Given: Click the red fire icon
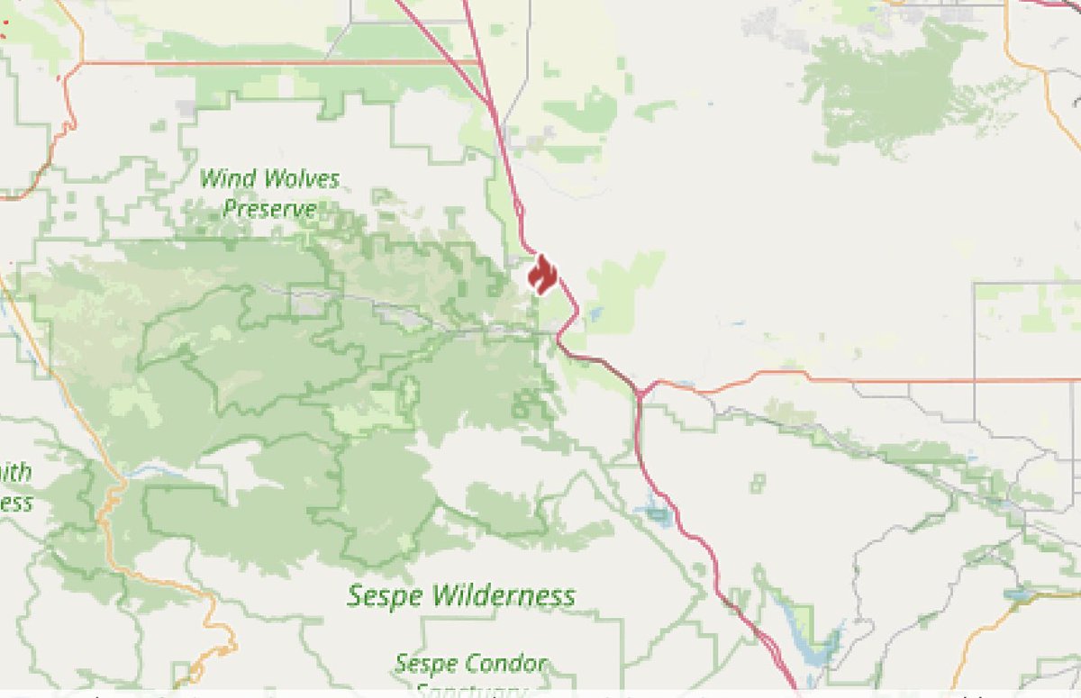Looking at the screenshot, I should pyautogui.click(x=541, y=274).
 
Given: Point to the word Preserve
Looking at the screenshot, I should pyautogui.click(x=269, y=210).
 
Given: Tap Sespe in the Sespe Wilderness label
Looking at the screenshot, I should pyautogui.click(x=386, y=595).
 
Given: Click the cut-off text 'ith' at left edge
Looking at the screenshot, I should pyautogui.click(x=15, y=472).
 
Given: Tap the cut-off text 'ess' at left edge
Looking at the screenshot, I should pyautogui.click(x=15, y=502).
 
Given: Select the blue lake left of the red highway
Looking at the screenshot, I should pyautogui.click(x=656, y=514).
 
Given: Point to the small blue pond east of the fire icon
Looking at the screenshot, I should pyautogui.click(x=595, y=314).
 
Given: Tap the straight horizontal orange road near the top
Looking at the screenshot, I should pyautogui.click(x=270, y=63).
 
